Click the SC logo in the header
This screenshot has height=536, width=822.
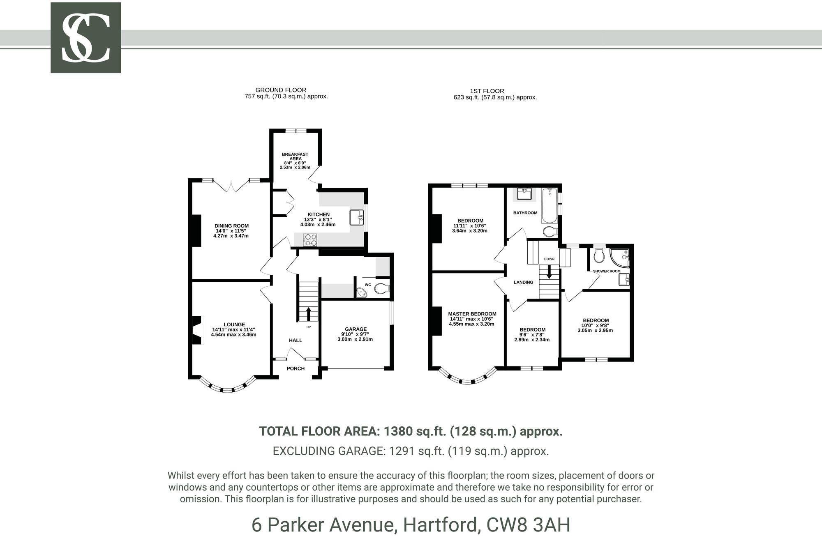pos(85,38)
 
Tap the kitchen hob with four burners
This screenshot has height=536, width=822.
pos(310,240)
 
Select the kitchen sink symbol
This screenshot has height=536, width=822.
pos(356,217)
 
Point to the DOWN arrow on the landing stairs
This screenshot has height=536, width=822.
pos(549,273)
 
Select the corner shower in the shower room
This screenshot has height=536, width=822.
pos(620,258)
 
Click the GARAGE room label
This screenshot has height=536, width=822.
pos(356,329)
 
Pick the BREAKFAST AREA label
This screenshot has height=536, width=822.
pos(295,156)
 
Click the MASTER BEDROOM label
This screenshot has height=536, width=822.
pos(472,314)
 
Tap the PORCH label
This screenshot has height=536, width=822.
pos(296,368)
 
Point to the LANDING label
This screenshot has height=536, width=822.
pos(523,282)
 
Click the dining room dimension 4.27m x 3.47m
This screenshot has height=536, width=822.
pos(231,236)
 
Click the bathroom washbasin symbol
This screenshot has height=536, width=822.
pos(524,193)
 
